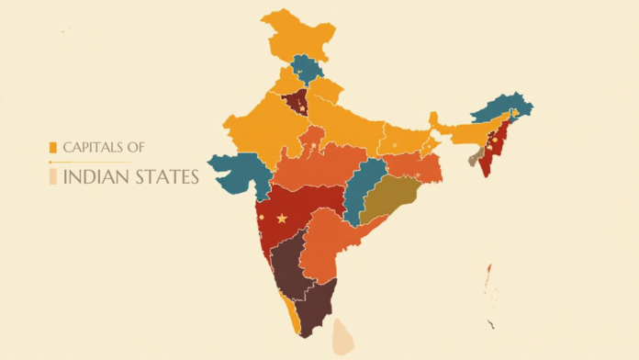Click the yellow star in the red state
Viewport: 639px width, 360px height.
pyautogui.click(x=281, y=218)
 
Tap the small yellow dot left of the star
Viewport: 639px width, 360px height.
pyautogui.click(x=262, y=217)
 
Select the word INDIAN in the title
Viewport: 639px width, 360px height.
pyautogui.click(x=96, y=176)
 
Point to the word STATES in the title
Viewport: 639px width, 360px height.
pyautogui.click(x=166, y=176)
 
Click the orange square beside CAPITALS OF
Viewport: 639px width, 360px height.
pyautogui.click(x=53, y=147)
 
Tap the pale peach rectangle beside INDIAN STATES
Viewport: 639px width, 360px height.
pyautogui.click(x=53, y=176)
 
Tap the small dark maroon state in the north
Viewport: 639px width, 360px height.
pyautogui.click(x=294, y=103)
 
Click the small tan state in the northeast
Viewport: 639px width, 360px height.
pyautogui.click(x=475, y=160)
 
